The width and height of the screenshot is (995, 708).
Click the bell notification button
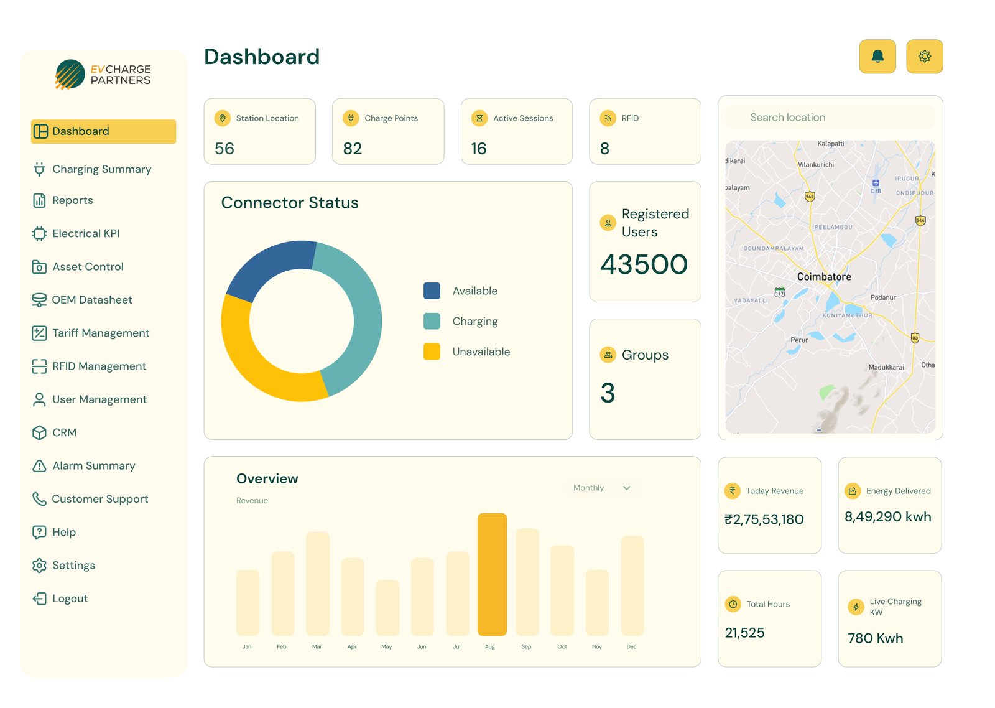(877, 57)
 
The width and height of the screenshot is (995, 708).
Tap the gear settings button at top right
(924, 57)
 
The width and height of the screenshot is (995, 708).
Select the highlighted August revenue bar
(492, 574)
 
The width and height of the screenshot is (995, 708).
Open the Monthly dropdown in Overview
(601, 488)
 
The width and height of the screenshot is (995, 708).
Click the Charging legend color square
(432, 321)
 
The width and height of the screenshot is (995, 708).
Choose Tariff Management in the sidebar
(101, 333)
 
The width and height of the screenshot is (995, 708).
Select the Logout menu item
(70, 599)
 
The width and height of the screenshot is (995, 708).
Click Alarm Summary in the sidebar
(93, 466)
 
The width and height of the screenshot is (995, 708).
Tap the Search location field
(830, 118)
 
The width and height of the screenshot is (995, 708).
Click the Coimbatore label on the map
(824, 277)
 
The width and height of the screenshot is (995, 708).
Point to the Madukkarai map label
(886, 367)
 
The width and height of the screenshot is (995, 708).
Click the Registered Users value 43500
(644, 264)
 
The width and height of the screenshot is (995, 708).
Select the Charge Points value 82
(353, 149)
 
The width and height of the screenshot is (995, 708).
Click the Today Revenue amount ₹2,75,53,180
(764, 519)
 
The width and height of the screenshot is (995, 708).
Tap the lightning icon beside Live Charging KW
(856, 607)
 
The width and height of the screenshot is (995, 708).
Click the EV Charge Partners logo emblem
(70, 75)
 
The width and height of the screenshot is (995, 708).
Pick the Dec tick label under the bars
(631, 647)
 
